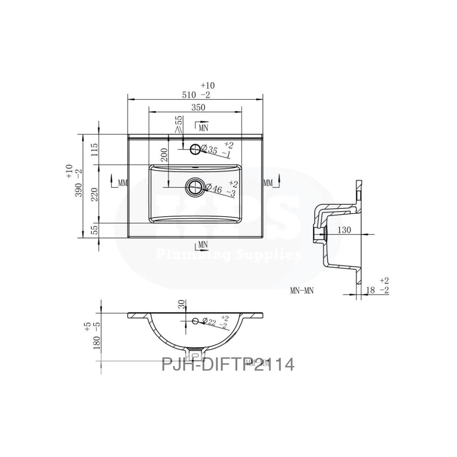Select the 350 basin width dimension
(x=198, y=107)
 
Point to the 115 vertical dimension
(x=95, y=150)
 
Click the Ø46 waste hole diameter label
(x=217, y=189)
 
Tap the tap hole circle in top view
(x=195, y=148)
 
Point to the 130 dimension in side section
(x=344, y=230)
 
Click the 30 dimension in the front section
(x=182, y=305)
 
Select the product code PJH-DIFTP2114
(x=228, y=364)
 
